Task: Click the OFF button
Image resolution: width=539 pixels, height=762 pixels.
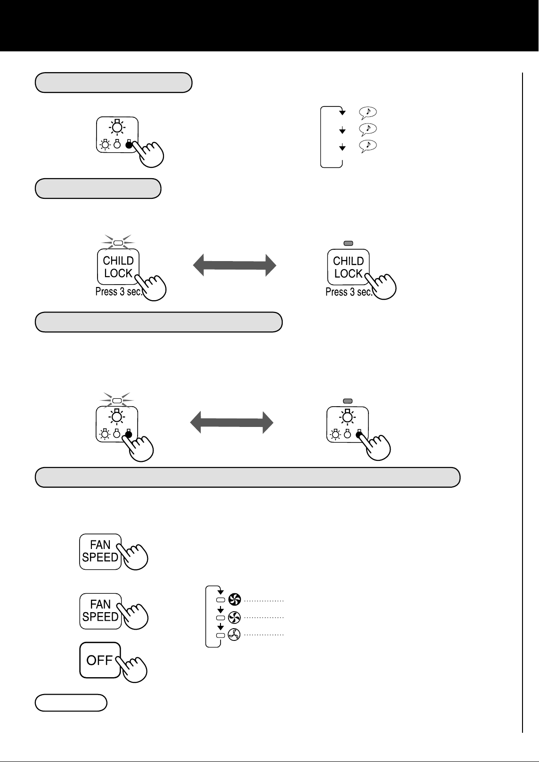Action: (100, 660)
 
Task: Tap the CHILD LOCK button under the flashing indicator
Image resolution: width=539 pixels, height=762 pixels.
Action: (118, 267)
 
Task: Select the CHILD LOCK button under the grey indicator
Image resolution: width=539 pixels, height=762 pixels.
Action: (348, 267)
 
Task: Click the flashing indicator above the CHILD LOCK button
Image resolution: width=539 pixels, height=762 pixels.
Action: (118, 243)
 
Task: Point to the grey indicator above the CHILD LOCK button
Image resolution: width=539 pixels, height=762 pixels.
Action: (348, 243)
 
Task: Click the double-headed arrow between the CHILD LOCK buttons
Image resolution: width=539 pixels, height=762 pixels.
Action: (235, 265)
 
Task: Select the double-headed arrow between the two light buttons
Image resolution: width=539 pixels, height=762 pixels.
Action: (232, 422)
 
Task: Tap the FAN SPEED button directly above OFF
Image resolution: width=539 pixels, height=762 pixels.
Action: (100, 611)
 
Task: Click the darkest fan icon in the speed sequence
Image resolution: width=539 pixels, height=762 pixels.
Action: (235, 599)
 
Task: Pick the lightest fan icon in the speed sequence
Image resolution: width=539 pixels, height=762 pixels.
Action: (234, 634)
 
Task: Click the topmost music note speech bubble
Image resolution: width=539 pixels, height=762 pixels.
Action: (367, 113)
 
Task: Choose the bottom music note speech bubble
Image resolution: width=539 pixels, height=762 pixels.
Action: (367, 146)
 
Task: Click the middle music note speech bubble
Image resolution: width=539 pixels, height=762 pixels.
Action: (367, 129)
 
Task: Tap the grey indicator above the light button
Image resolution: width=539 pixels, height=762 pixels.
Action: (348, 401)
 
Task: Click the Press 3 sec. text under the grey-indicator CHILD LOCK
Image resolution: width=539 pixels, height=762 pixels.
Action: (349, 292)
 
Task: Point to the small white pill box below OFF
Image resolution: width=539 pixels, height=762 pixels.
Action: (71, 703)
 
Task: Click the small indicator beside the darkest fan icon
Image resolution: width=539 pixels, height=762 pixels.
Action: (220, 600)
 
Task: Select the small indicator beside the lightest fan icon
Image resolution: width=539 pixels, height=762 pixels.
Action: (220, 635)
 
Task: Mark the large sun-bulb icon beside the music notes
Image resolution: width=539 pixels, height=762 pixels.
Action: (117, 127)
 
